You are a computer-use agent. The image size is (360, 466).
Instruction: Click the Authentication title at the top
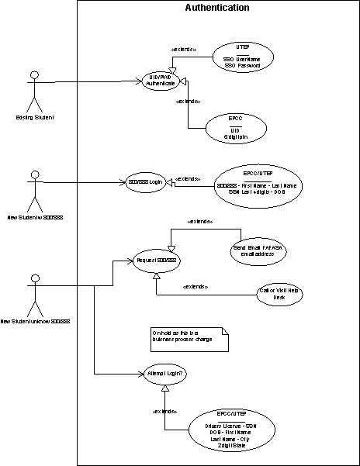(x=217, y=8)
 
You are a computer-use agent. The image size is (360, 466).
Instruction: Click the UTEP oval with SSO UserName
(x=242, y=57)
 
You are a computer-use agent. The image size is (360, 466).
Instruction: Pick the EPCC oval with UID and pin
(x=231, y=127)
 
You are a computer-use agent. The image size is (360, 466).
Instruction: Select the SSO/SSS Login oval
(x=145, y=183)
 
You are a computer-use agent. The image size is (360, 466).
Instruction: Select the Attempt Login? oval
(x=165, y=374)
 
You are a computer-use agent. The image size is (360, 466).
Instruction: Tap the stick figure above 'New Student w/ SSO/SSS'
(x=33, y=192)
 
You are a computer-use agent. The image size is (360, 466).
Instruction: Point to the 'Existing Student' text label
(x=34, y=117)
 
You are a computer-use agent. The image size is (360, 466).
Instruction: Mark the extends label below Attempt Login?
(x=164, y=410)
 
